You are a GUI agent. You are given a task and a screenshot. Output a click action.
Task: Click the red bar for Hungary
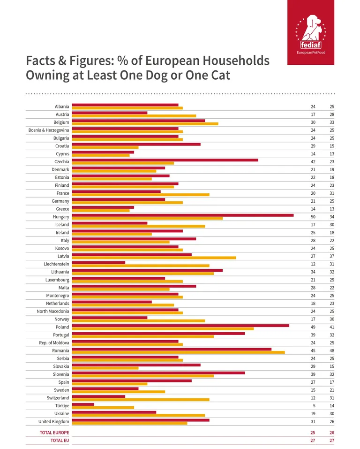(x=183, y=215)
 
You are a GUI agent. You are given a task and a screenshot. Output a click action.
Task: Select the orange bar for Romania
(x=178, y=352)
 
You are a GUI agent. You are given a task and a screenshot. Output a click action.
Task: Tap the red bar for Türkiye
(x=83, y=404)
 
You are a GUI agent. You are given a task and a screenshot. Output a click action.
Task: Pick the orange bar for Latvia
(x=154, y=258)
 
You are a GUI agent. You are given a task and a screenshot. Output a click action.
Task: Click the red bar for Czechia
(x=165, y=160)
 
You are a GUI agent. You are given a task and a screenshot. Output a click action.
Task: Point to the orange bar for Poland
(x=163, y=328)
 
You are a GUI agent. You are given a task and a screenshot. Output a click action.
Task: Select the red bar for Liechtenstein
(x=98, y=262)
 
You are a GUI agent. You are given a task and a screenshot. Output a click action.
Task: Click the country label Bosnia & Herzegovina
(x=49, y=130)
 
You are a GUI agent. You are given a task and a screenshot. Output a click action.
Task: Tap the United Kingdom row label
(x=53, y=421)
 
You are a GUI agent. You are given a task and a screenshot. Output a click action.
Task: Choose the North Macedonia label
(x=53, y=311)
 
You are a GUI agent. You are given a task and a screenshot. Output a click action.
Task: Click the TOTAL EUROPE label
(x=53, y=433)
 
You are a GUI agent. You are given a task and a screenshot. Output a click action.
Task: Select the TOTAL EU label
(x=60, y=441)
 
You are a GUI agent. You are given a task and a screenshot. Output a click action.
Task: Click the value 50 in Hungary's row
(x=313, y=217)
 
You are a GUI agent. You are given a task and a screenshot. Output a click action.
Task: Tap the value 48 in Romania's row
(x=331, y=350)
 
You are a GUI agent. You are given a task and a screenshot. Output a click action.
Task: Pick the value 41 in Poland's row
(x=331, y=327)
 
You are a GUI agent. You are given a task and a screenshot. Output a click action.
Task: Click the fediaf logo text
(x=311, y=45)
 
